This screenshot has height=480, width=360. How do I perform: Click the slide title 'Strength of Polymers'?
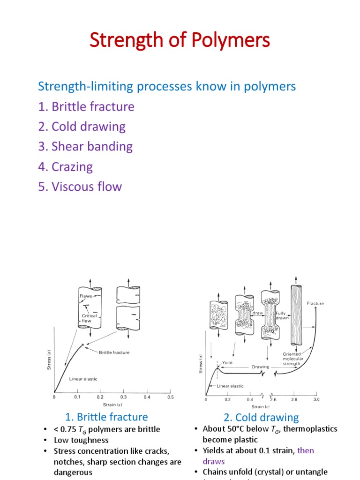[180, 41]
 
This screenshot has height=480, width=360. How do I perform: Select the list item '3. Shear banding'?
[86, 146]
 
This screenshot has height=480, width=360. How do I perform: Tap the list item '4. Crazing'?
[66, 166]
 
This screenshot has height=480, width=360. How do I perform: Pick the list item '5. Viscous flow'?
[80, 187]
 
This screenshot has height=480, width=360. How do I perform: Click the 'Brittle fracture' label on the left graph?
[114, 352]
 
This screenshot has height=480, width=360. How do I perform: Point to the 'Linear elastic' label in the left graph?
[83, 379]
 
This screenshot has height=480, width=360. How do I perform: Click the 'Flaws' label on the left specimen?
[85, 296]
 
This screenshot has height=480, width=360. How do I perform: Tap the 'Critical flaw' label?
[90, 319]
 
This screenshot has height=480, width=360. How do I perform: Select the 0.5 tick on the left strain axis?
[170, 397]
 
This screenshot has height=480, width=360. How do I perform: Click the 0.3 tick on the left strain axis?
[124, 397]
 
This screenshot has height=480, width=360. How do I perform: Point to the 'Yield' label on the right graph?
[227, 362]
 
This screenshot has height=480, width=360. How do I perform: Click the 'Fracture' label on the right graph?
[315, 303]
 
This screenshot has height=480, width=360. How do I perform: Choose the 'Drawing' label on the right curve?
[261, 367]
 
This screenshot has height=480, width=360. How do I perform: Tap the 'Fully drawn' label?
[281, 315]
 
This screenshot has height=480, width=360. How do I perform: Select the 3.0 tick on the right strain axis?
[316, 399]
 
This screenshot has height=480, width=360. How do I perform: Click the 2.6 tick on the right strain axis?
[273, 399]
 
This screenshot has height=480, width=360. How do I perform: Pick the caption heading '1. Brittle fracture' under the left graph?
[106, 417]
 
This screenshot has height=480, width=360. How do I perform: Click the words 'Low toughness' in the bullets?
[81, 440]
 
